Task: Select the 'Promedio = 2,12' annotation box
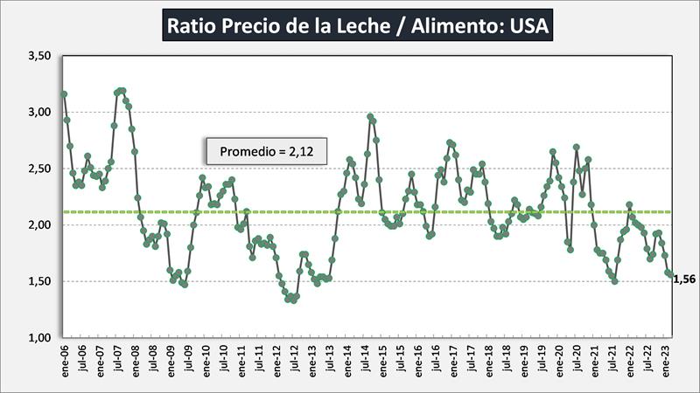(260, 151)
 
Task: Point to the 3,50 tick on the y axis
(40, 56)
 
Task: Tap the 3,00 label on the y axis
(40, 113)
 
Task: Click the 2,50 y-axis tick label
(40, 169)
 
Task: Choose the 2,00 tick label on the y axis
(40, 225)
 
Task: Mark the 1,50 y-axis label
(40, 281)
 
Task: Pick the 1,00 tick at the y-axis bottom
(40, 338)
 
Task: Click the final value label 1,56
(686, 279)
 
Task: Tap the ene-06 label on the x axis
(64, 359)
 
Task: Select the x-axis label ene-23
(667, 359)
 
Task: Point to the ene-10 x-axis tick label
(206, 359)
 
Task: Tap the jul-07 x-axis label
(117, 359)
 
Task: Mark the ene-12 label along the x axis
(276, 359)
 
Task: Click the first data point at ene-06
(64, 94)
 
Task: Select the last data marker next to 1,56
(670, 274)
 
